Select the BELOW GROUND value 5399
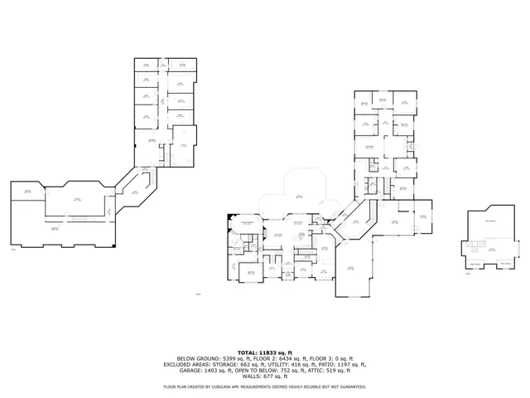pyautogui.click(x=214, y=358)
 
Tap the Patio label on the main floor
pyautogui.click(x=297, y=196)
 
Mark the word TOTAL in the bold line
pyautogui.click(x=247, y=352)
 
